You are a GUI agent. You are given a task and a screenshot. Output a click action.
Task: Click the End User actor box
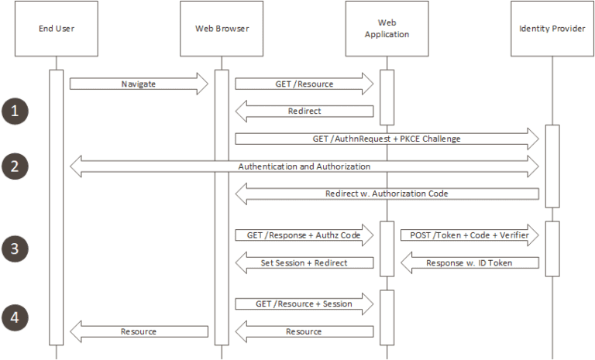tap(56, 29)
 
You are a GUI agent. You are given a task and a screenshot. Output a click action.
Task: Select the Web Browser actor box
tap(222, 29)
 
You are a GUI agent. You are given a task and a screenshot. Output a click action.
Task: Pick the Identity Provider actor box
tap(552, 29)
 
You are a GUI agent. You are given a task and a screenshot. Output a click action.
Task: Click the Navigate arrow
tap(139, 83)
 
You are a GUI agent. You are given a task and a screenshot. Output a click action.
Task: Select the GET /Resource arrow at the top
tap(304, 83)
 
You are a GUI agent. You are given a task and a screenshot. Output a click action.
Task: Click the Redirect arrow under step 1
tap(304, 111)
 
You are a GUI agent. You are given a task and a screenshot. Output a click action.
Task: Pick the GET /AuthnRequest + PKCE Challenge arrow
tap(387, 138)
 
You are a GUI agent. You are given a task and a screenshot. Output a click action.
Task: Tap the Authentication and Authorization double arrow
tap(304, 166)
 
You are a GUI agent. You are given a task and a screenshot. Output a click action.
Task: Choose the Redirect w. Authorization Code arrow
tap(387, 194)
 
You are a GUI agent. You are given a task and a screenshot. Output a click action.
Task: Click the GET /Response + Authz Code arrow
tap(304, 235)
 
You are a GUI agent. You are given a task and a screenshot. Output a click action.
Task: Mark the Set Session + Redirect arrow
tap(304, 262)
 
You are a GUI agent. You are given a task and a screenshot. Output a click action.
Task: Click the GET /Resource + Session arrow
tap(304, 303)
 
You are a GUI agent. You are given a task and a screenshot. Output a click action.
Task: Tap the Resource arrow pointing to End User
tap(139, 331)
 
